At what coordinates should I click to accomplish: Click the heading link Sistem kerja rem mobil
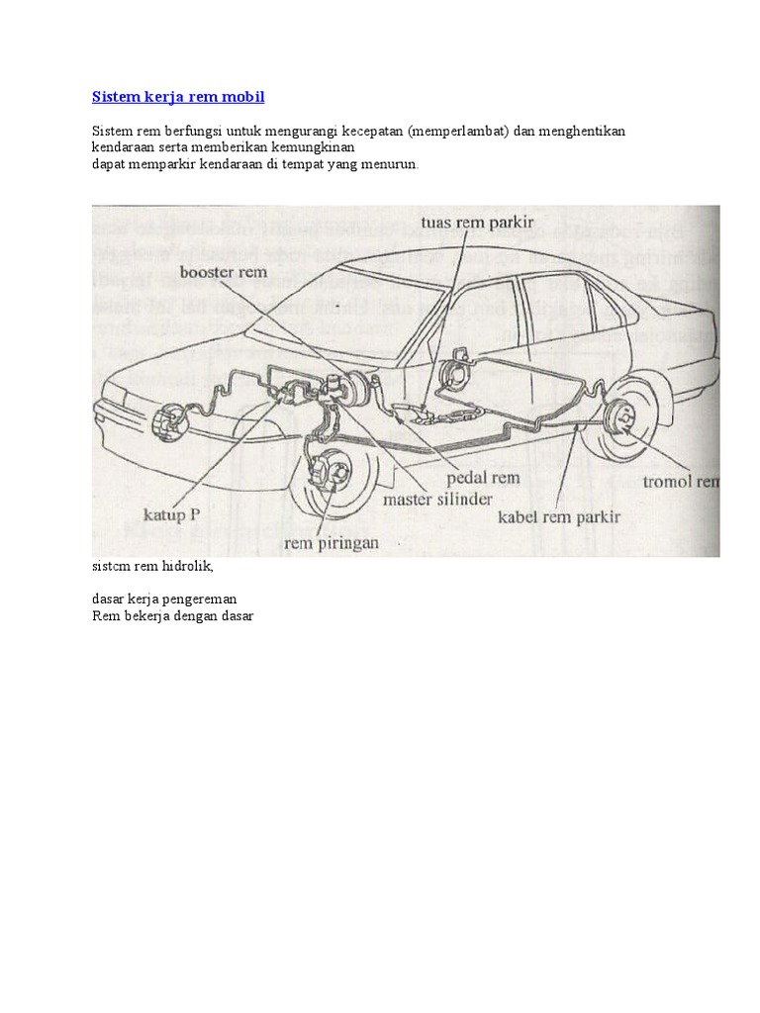pyautogui.click(x=178, y=97)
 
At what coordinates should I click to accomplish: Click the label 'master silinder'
pyautogui.click(x=436, y=500)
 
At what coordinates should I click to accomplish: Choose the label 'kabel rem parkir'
pyautogui.click(x=558, y=517)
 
